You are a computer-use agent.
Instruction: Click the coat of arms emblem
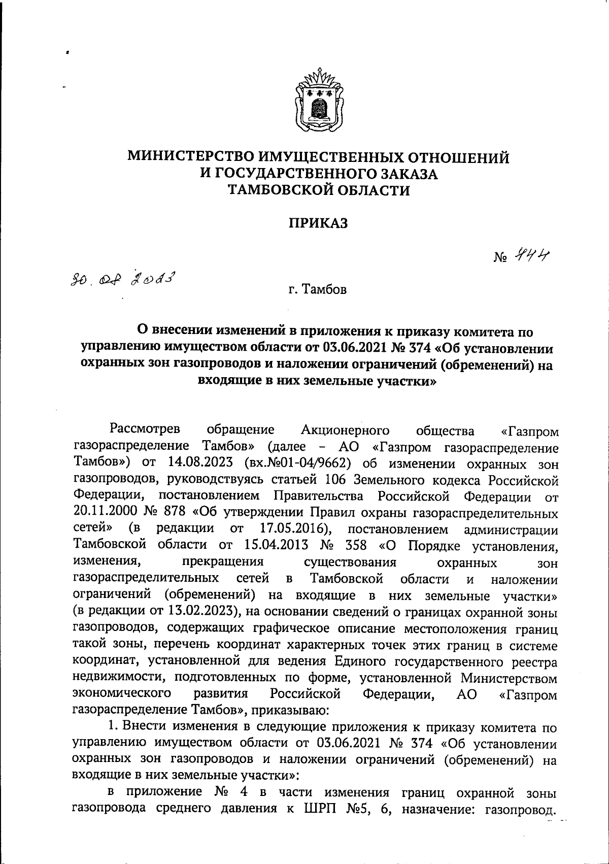point(318,101)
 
